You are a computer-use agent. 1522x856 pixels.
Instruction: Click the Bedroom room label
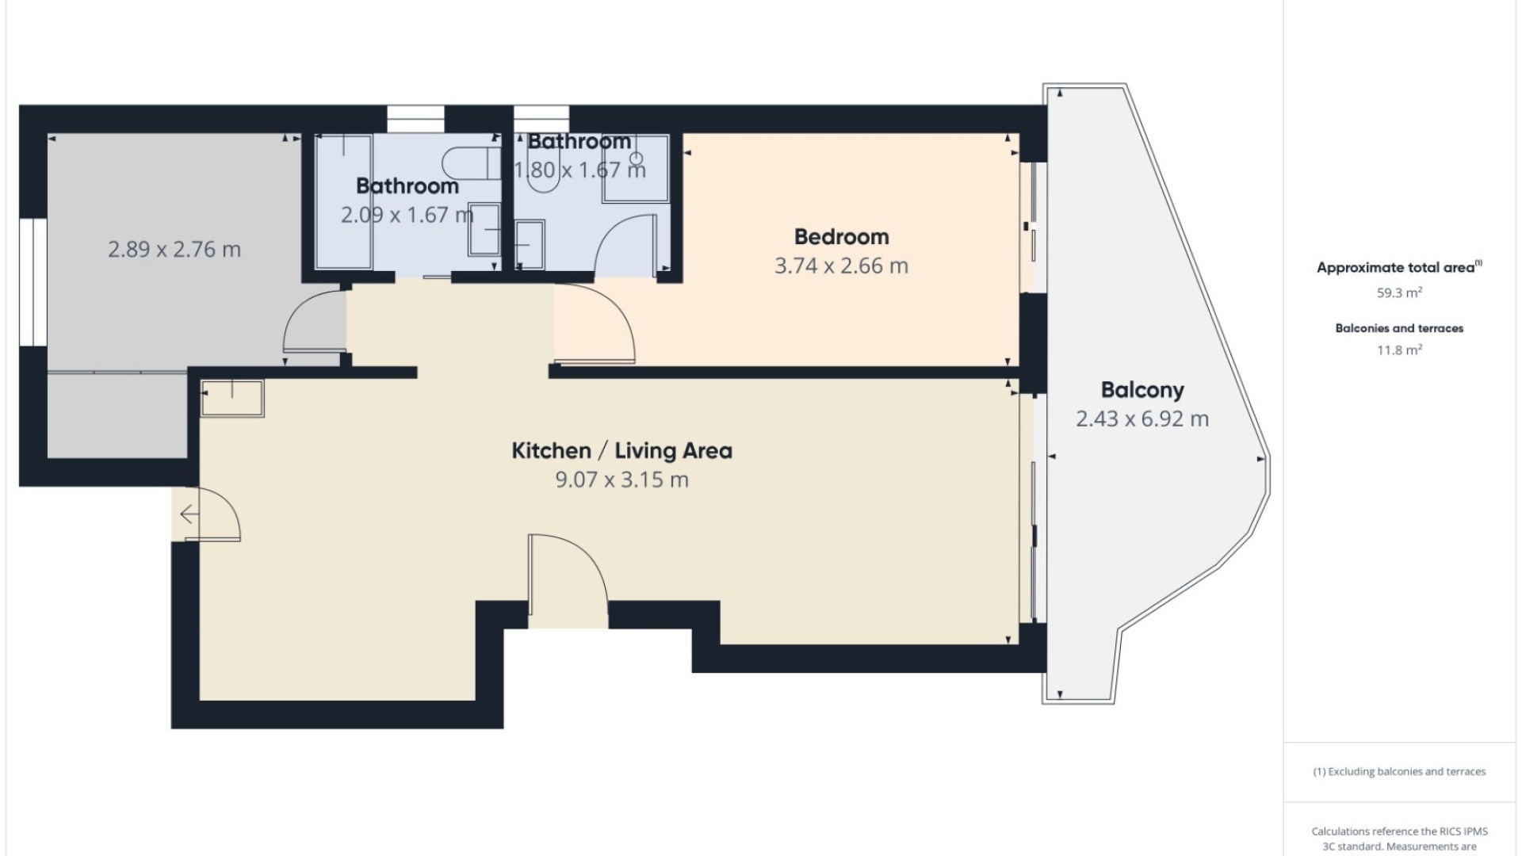point(841,237)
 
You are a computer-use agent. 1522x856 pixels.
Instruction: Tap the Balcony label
point(1142,390)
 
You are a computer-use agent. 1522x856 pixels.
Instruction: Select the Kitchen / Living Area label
point(621,451)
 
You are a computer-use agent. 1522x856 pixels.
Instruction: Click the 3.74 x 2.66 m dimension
point(841,266)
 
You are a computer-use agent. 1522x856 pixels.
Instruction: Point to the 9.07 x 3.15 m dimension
point(621,480)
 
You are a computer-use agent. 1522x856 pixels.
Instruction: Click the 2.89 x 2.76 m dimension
point(174,250)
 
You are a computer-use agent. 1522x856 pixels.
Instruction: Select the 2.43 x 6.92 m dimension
point(1142,418)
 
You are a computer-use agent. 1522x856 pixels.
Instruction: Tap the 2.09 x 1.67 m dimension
point(407,215)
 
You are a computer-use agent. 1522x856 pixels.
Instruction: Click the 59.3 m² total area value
point(1399,292)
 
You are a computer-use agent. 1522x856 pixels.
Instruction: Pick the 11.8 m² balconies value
point(1399,350)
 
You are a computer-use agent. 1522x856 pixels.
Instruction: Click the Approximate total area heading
point(1399,268)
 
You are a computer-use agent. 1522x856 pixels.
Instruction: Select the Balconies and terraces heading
point(1399,328)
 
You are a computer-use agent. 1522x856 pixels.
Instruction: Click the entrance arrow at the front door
point(190,515)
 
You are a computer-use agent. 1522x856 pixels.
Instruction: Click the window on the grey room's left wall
point(33,282)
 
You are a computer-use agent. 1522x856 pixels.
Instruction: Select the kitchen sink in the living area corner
point(232,398)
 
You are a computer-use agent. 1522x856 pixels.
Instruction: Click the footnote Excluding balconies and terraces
point(1399,771)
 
